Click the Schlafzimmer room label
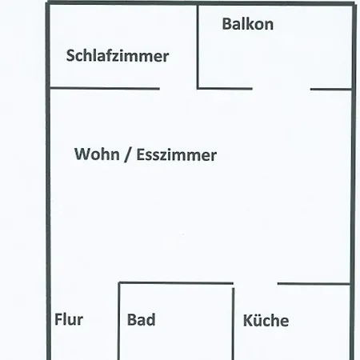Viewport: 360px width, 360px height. tap(118, 56)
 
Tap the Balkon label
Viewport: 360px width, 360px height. tap(248, 24)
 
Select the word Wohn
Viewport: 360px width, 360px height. tap(97, 154)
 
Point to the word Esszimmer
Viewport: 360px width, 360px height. tap(176, 155)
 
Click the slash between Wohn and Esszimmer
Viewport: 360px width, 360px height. tap(128, 154)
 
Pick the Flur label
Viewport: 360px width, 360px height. tap(69, 319)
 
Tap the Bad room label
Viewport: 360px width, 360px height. tap(141, 320)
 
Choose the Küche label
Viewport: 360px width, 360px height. tap(266, 321)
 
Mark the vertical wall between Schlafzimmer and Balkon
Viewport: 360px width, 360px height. tap(198, 46)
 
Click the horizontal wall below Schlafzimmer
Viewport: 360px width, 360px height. tap(105, 88)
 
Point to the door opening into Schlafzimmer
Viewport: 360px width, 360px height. tap(178, 88)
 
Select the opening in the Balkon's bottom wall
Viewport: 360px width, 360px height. tap(282, 89)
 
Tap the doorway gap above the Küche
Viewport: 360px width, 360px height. tap(255, 283)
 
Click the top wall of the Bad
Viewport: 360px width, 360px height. tap(176, 282)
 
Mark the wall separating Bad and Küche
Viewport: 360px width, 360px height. tap(233, 324)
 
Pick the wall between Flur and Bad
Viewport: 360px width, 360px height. tap(119, 322)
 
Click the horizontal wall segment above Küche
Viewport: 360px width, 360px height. tap(314, 283)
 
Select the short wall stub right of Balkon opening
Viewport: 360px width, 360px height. tap(331, 89)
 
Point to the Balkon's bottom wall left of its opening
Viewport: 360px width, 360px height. tap(225, 88)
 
